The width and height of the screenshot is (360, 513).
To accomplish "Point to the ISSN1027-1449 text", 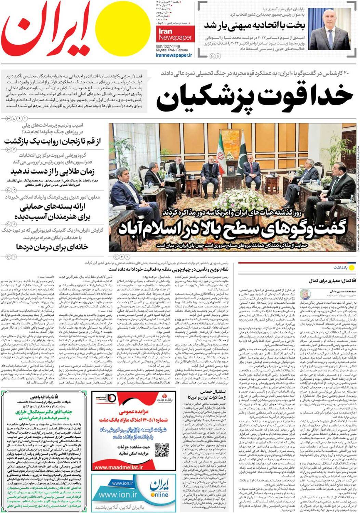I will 168,46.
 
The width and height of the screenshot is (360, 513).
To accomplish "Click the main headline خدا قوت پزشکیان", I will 255,95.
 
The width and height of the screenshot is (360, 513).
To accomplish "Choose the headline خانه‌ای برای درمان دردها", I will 54,246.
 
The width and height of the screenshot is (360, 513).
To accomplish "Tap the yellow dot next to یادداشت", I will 353,266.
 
